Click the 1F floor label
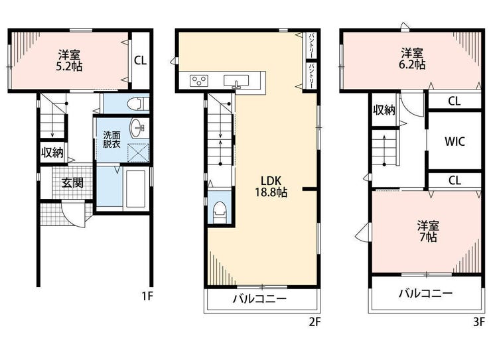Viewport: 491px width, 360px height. (147, 296)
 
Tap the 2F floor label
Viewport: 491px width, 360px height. (315, 322)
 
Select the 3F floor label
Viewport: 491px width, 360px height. (479, 322)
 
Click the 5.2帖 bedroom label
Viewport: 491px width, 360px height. (69, 60)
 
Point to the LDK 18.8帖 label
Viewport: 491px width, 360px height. (271, 186)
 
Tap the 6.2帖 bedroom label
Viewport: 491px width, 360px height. (413, 59)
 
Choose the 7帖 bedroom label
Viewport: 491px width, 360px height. (428, 231)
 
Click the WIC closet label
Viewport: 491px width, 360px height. (455, 142)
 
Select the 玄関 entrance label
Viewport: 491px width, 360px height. (72, 183)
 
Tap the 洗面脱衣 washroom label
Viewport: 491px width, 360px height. (111, 140)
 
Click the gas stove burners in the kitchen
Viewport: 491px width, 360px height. (199, 80)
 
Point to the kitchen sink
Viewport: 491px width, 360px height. (236, 81)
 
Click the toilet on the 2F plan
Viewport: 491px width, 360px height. (220, 212)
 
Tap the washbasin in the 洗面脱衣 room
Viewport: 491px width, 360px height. (137, 128)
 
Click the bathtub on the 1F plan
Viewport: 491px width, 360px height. (135, 189)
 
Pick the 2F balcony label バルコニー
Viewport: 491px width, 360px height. (259, 299)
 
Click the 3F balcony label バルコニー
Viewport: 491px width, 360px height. (425, 294)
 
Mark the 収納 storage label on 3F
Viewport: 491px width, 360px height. (384, 110)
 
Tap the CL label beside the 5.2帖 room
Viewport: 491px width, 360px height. (140, 60)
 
